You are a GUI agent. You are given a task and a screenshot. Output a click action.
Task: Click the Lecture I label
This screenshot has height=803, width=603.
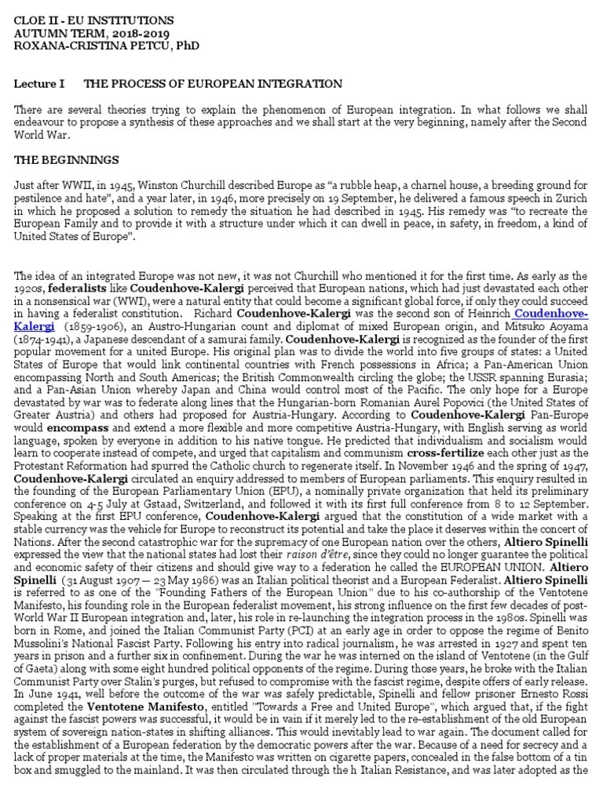pyautogui.click(x=37, y=83)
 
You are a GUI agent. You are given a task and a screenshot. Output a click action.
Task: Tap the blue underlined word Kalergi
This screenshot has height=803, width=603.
pyautogui.click(x=35, y=325)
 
